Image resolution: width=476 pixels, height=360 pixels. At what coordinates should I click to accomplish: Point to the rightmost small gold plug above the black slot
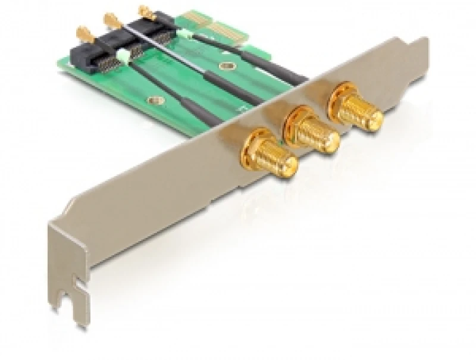point(145,12)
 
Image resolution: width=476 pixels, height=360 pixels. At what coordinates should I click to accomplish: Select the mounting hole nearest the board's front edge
point(156,102)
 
